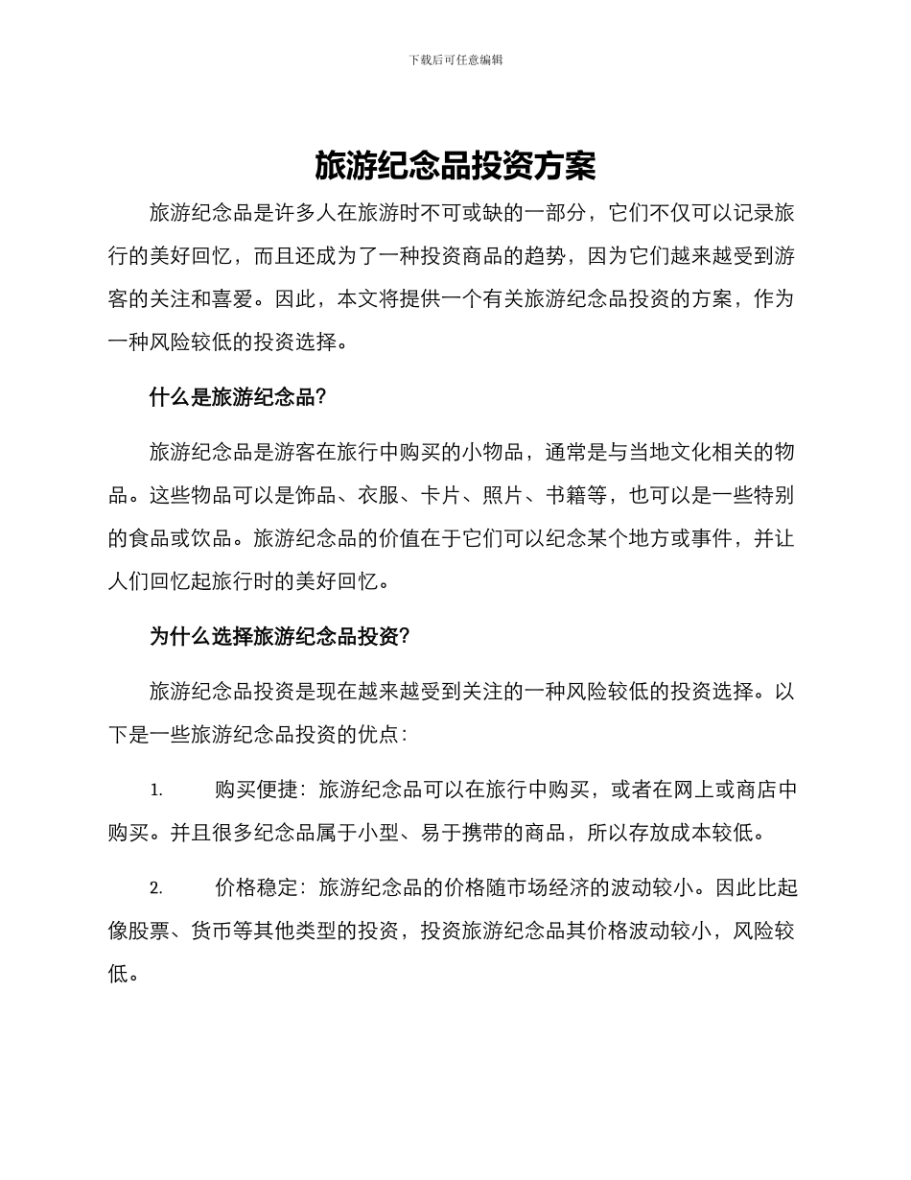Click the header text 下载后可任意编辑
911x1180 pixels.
click(x=455, y=59)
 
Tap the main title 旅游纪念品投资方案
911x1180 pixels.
click(x=455, y=167)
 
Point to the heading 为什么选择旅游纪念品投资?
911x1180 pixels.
click(x=280, y=636)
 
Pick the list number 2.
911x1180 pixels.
click(x=155, y=887)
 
